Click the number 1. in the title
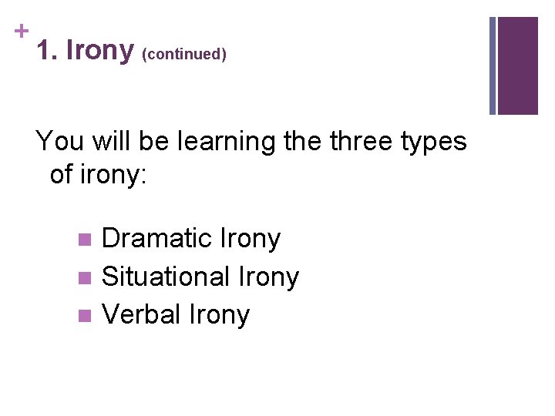pyautogui.click(x=48, y=51)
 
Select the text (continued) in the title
pyautogui.click(x=183, y=55)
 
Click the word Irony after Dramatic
pyautogui.click(x=251, y=239)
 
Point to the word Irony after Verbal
pyautogui.click(x=221, y=314)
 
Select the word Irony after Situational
pyautogui.click(x=270, y=277)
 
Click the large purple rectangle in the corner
pyautogui.click(x=518, y=65)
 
